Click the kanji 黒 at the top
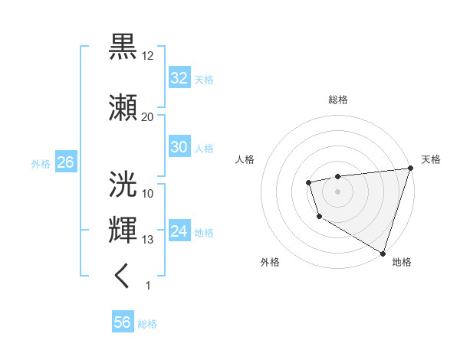click(123, 47)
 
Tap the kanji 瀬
click(123, 108)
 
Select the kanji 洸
click(123, 185)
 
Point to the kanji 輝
click(123, 231)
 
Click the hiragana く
click(123, 277)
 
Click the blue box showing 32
click(179, 78)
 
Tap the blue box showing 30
click(179, 147)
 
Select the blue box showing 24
click(179, 231)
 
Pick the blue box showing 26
click(65, 162)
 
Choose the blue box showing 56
click(123, 322)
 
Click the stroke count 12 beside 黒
click(148, 55)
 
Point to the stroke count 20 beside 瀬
click(148, 116)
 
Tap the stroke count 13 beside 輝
click(148, 240)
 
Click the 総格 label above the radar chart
click(337, 100)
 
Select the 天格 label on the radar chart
click(431, 159)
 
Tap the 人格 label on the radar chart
click(245, 159)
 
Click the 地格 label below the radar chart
click(402, 262)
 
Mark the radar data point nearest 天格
click(410, 169)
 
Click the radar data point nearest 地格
click(383, 253)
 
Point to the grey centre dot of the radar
click(337, 191)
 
